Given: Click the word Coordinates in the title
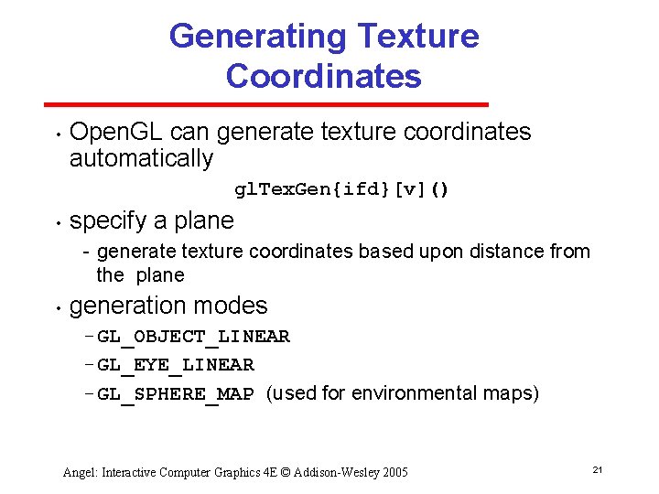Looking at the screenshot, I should coord(323,76).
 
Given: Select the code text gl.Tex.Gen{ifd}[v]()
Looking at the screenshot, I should coord(341,189).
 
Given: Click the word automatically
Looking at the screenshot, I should coord(141,158).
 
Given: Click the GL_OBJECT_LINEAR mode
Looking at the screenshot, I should coord(193,337).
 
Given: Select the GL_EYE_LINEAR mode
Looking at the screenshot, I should coord(175,365).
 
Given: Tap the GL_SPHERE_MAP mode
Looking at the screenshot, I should coord(175,394).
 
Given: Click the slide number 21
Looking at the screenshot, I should coord(597,469).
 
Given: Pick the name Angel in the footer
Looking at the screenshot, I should coord(79,472).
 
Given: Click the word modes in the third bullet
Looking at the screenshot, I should coord(235,306).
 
